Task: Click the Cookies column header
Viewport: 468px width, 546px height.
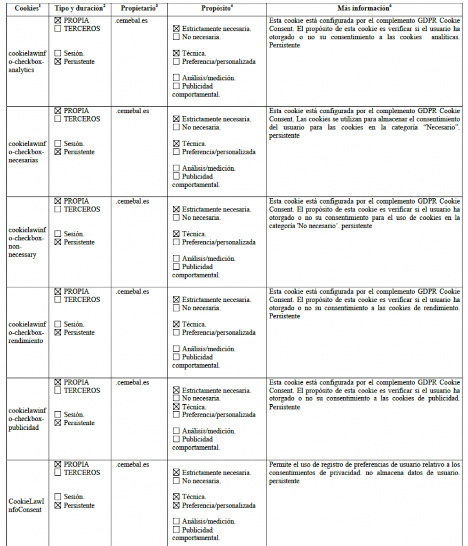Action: click(x=26, y=9)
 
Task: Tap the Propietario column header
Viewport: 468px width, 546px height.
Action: click(x=139, y=9)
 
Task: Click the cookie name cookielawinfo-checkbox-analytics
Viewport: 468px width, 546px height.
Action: click(x=28, y=62)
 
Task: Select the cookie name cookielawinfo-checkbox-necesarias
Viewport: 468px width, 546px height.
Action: click(x=28, y=152)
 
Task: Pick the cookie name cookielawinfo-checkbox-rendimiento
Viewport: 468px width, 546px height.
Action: click(x=28, y=332)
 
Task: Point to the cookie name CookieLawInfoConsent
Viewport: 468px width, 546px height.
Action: click(x=27, y=505)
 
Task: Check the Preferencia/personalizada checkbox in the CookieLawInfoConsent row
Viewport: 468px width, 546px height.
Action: click(x=176, y=505)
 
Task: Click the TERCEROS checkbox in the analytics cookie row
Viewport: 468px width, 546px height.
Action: click(x=58, y=29)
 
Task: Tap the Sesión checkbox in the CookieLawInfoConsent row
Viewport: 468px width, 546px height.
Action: click(x=58, y=497)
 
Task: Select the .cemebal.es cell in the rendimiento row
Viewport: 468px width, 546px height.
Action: click(x=132, y=292)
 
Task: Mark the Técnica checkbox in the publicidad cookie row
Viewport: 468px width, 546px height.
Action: click(x=176, y=406)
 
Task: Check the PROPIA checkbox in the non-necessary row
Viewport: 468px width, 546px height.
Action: click(x=58, y=201)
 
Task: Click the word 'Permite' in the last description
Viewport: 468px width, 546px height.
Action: click(x=280, y=464)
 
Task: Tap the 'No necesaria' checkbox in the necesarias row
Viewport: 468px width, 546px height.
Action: click(x=176, y=127)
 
